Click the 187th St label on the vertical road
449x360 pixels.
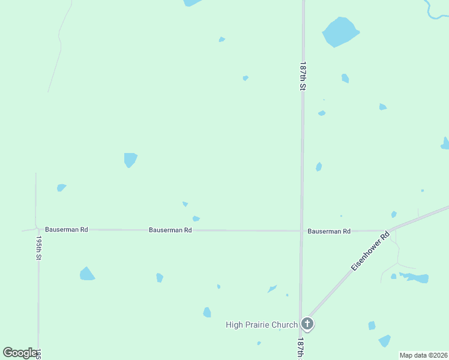coord(304,76)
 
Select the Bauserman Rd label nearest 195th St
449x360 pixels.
coord(67,230)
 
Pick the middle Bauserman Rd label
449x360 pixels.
coord(170,230)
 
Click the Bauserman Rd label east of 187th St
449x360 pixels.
coord(329,231)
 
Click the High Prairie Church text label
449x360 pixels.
coord(262,325)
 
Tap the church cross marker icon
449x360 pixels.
coord(307,325)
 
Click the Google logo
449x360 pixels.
coord(20,353)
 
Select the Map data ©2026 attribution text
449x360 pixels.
coord(424,355)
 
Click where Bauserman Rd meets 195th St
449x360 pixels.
coord(38,229)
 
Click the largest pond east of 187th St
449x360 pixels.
coord(340,31)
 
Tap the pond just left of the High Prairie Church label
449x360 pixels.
coord(207,313)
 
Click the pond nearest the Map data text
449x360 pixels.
coord(385,341)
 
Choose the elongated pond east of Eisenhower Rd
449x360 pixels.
coord(415,278)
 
